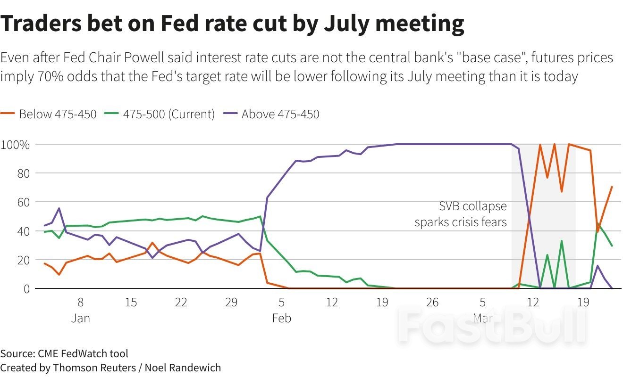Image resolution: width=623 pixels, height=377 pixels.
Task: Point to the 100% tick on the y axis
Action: [16, 145]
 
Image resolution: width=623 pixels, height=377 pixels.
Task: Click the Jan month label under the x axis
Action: [81, 319]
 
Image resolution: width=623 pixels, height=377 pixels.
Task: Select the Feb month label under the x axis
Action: [282, 319]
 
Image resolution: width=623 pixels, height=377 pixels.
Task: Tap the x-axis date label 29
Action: [231, 302]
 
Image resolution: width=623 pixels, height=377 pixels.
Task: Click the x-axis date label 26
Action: [432, 302]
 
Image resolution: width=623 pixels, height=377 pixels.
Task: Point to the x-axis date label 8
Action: [81, 302]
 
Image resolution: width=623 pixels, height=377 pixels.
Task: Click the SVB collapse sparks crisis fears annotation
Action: [461, 214]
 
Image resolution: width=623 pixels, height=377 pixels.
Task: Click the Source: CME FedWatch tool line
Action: [64, 353]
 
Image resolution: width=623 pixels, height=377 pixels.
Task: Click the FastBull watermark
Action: [491, 325]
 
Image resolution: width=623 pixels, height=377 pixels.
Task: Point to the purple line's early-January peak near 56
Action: [59, 208]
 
